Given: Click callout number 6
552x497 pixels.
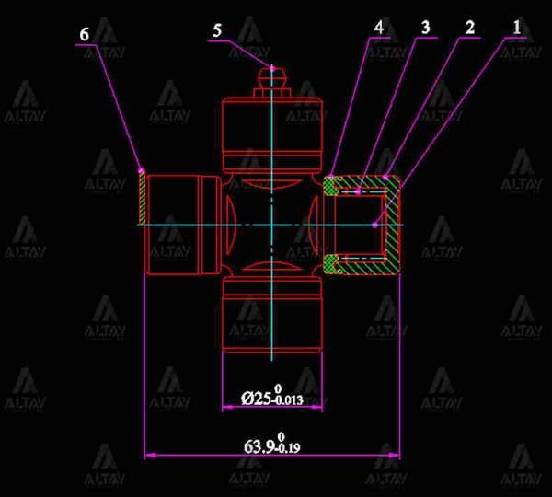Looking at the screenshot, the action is click(84, 35).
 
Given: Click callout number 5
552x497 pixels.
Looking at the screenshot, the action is click(217, 30).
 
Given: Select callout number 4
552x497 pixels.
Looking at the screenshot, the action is click(378, 27).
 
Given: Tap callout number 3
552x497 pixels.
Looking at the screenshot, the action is click(426, 27).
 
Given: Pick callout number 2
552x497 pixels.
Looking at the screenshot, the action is click(470, 27).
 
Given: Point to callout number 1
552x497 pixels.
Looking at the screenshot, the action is click(517, 27).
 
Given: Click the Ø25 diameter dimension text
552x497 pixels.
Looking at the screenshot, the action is click(272, 396).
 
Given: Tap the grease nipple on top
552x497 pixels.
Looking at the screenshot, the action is click(272, 82).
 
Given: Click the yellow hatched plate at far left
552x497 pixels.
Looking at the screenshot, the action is click(141, 198).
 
